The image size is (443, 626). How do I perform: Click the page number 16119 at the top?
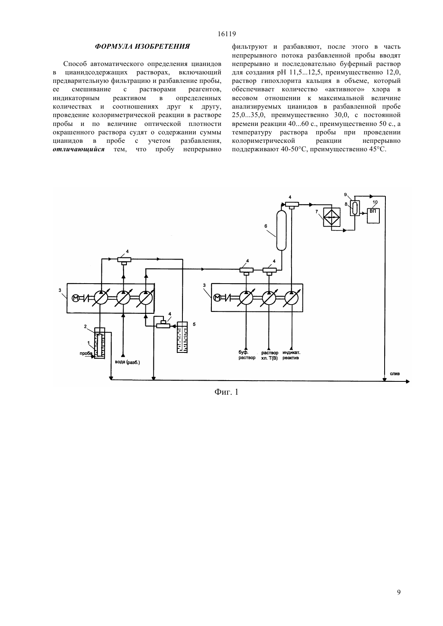click(x=226, y=34)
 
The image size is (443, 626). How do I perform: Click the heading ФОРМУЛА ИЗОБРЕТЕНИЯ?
click(x=142, y=46)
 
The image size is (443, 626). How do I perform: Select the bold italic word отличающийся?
click(x=79, y=149)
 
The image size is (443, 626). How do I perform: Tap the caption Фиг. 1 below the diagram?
click(x=226, y=392)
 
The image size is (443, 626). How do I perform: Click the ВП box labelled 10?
click(x=373, y=216)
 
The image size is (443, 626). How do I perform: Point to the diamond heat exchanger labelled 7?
click(x=332, y=217)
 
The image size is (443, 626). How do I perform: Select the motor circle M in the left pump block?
click(x=76, y=298)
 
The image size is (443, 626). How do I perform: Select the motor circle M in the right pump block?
click(x=217, y=298)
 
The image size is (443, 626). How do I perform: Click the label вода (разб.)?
click(x=127, y=362)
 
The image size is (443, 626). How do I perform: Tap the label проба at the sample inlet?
click(x=86, y=353)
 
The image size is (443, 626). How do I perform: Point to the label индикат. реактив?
click(x=291, y=355)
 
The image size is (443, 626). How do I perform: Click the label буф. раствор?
click(x=246, y=355)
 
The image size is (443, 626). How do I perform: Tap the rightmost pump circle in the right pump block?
click(x=292, y=298)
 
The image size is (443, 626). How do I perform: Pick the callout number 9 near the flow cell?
click(x=346, y=194)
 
